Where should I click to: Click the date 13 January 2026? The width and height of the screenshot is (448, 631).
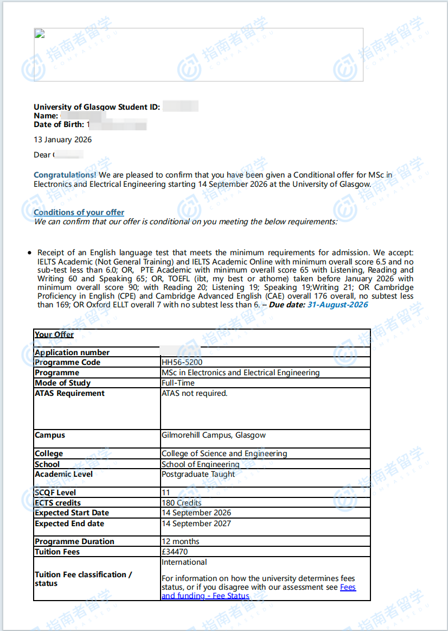click(63, 140)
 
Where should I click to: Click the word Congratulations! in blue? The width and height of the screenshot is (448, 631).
click(65, 175)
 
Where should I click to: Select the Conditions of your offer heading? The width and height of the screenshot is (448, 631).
click(79, 212)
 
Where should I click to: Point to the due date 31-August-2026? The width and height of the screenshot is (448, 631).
click(337, 305)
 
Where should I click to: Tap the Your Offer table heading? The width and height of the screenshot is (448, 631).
click(54, 335)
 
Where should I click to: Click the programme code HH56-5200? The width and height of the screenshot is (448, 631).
click(182, 362)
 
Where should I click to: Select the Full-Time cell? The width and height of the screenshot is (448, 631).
click(178, 383)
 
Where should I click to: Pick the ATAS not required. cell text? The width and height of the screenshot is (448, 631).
click(195, 393)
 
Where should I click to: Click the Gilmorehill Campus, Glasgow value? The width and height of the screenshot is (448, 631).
click(214, 435)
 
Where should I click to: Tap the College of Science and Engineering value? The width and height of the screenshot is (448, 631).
click(225, 453)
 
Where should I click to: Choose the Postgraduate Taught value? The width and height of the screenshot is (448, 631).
click(199, 474)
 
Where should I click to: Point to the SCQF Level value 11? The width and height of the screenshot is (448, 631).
click(166, 493)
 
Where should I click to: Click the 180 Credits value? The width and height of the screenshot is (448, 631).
click(182, 503)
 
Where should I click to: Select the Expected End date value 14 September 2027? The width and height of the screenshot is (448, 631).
click(196, 523)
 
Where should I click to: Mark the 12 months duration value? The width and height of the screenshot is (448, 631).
click(181, 541)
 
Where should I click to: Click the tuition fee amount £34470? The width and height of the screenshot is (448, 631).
click(175, 552)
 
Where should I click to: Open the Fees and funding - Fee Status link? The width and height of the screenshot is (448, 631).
click(206, 596)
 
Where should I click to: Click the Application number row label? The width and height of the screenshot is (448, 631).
click(72, 352)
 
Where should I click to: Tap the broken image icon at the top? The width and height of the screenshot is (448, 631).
click(39, 34)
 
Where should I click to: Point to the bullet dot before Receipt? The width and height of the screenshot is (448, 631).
click(29, 253)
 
